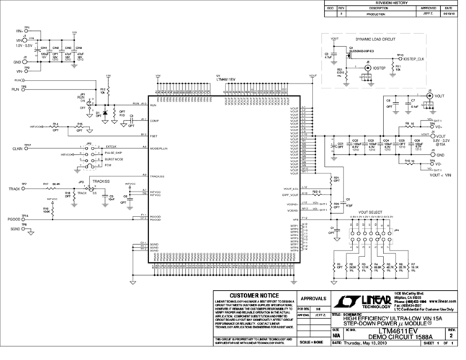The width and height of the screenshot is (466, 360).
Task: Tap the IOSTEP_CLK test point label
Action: point(418,58)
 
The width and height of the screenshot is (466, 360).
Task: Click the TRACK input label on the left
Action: point(14,189)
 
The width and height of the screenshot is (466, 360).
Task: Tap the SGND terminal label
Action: point(14,230)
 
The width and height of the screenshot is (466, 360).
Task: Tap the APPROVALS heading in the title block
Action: point(314,297)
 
